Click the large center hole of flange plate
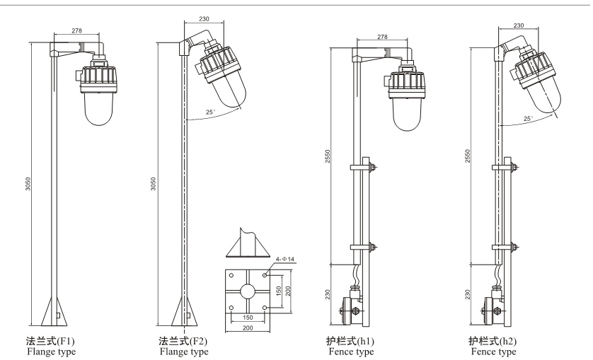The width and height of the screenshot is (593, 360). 248,291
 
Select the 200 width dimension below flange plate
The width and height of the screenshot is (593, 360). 248,329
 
